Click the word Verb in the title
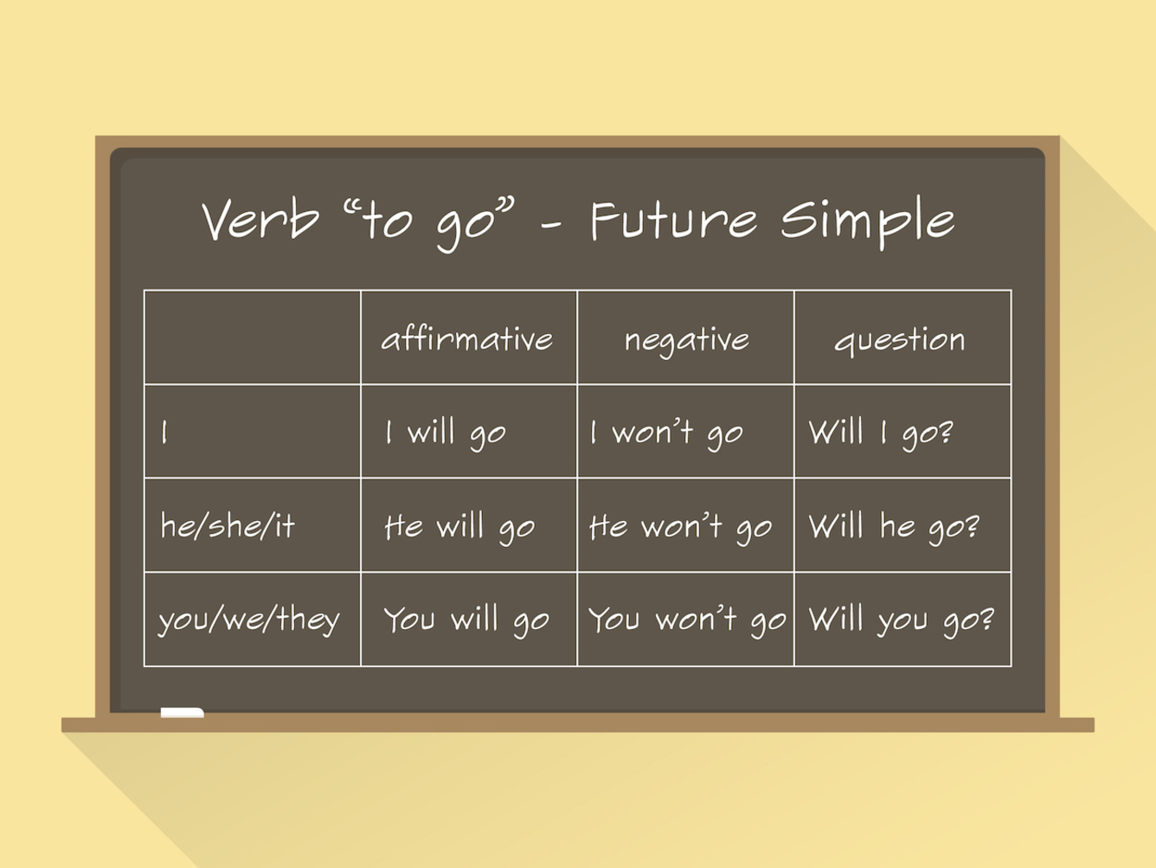[260, 220]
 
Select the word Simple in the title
[867, 222]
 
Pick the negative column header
[687, 341]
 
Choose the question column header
[900, 340]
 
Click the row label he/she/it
[228, 525]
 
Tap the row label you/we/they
[249, 620]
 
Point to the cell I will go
[446, 434]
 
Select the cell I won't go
[667, 434]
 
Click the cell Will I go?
[881, 434]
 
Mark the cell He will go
[459, 528]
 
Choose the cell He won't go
[681, 528]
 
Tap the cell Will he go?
[894, 528]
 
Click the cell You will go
[466, 620]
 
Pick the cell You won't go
[687, 620]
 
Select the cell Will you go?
[902, 620]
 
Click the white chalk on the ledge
[183, 712]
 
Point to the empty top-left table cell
[253, 338]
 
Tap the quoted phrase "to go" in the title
[428, 223]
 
